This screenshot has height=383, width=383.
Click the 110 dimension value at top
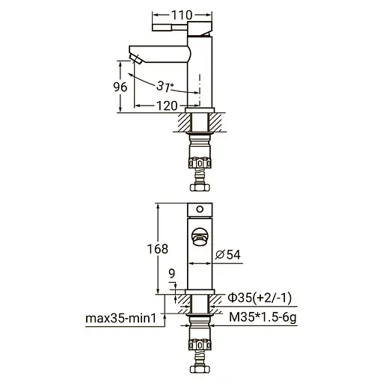click(x=183, y=14)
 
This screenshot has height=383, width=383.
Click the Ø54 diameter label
click(x=227, y=255)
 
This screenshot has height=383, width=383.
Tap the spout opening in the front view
click(x=200, y=237)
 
